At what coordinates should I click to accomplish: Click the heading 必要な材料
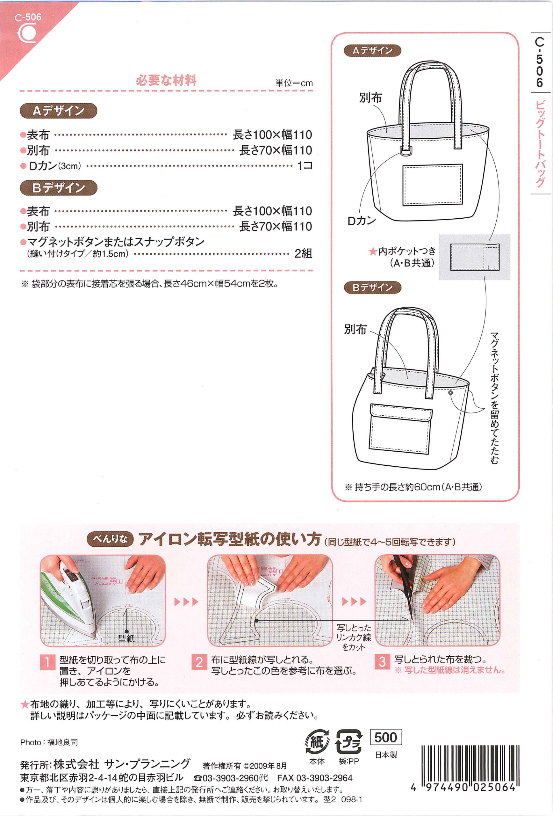coord(166,80)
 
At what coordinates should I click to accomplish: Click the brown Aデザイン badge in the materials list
coord(58,111)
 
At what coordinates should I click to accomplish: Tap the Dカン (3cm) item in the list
coord(51,166)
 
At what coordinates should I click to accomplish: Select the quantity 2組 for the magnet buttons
coord(303,253)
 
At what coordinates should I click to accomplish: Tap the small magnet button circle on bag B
coord(450,393)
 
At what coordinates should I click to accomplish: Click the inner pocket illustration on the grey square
coord(475,257)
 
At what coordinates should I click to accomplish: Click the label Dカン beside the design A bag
coord(362,221)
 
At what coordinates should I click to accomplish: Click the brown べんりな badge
coord(111,539)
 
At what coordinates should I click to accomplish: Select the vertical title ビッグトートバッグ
coord(540,144)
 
